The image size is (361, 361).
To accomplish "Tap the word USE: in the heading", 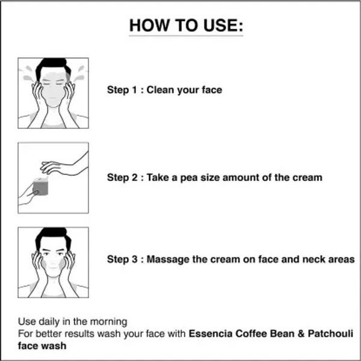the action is [x=223, y=25].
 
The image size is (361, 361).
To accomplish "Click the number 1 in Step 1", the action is [x=134, y=90].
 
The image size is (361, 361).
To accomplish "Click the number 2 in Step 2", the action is [x=134, y=177].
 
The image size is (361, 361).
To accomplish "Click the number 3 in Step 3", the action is [x=134, y=259].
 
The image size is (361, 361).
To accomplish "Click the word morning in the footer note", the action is [x=109, y=322].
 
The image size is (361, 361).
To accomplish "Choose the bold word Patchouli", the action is [x=330, y=333].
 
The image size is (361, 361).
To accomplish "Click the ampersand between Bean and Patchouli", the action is [x=301, y=333].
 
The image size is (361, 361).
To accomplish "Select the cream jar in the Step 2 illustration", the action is [x=41, y=187].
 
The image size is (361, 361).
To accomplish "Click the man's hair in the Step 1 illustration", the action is [x=53, y=66].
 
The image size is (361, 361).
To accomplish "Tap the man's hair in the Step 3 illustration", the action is [x=53, y=236].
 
